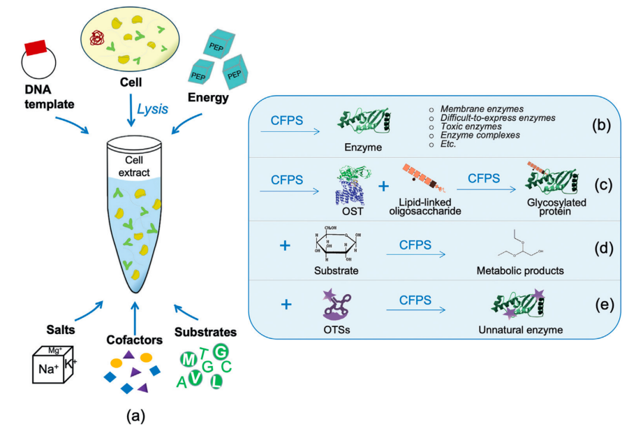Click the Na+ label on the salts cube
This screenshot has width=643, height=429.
pyautogui.click(x=47, y=370)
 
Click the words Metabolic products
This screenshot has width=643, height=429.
pyautogui.click(x=516, y=270)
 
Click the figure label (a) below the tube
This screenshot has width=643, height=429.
pyautogui.click(x=135, y=416)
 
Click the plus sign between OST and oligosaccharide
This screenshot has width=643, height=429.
pyautogui.click(x=383, y=186)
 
